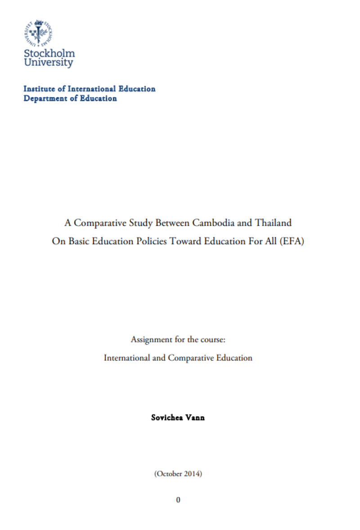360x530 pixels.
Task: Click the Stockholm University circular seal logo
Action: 39,33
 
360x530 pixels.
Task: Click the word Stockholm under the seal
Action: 49,54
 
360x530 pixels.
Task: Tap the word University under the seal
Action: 48,63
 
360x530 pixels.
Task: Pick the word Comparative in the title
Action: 96,223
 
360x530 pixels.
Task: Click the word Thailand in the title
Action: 274,223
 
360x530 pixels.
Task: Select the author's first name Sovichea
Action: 167,418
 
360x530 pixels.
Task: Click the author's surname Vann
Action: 195,418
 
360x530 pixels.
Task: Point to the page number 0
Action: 178,500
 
